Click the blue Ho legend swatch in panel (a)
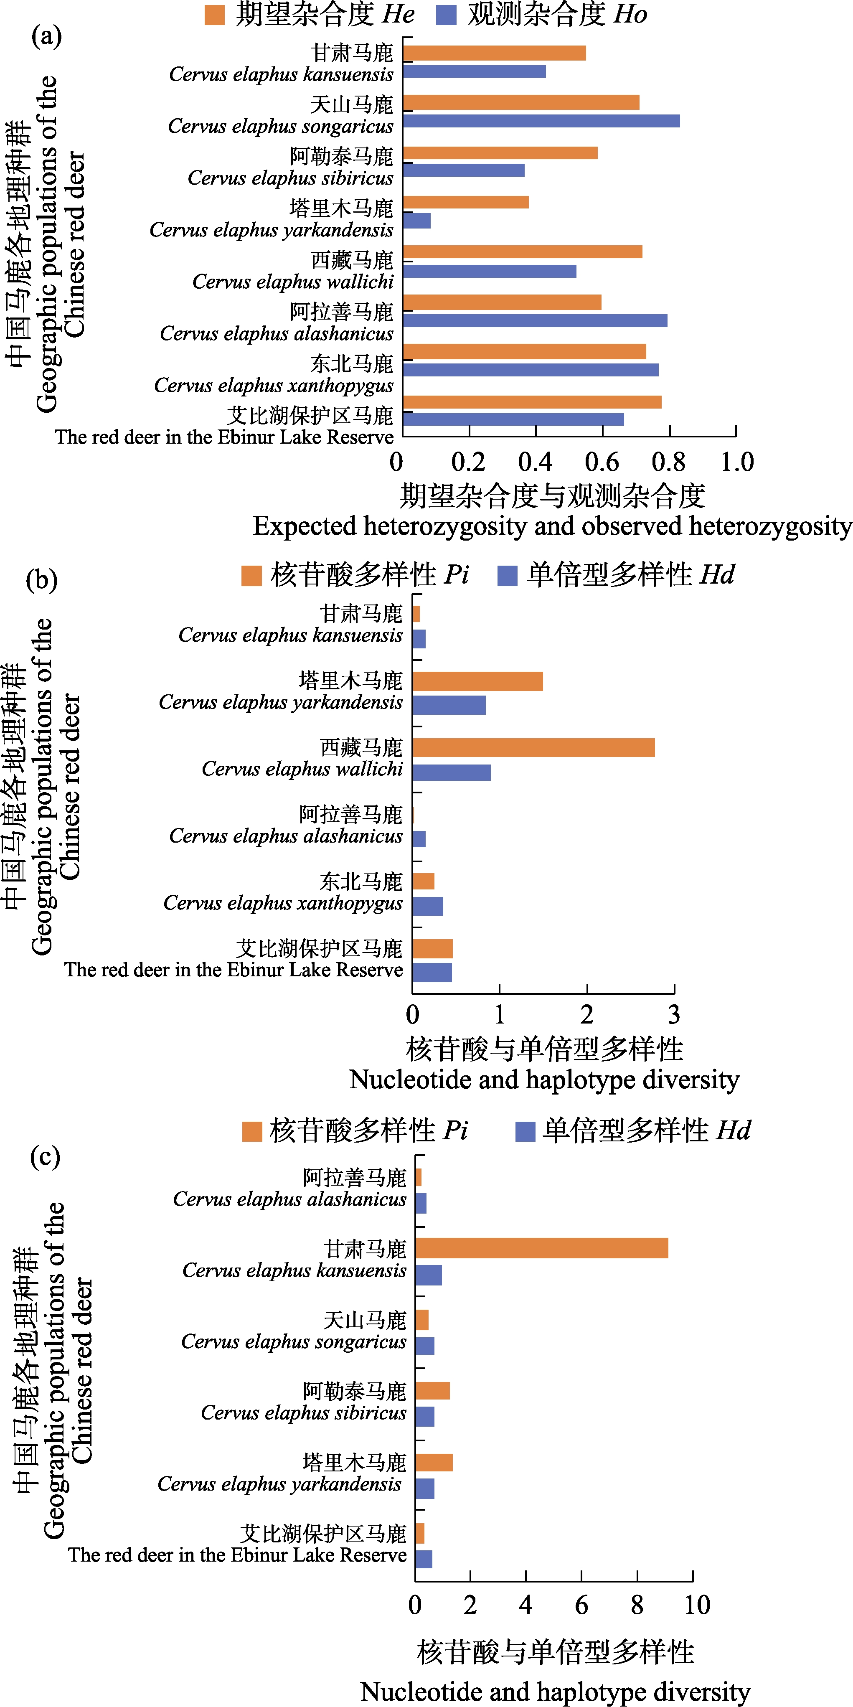coord(446,15)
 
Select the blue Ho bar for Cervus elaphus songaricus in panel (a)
coord(541,121)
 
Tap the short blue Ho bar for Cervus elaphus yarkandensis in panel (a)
coord(417,221)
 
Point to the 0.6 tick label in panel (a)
coord(602,462)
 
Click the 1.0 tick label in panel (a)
coord(737,462)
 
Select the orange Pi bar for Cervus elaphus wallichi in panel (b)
coord(533,747)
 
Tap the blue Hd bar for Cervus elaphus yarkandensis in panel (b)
coord(449,705)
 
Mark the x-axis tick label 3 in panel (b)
coord(673,1014)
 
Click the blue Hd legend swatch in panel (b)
coord(507,575)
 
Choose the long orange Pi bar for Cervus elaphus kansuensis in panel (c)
coord(541,1248)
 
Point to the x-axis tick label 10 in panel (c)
coord(697,1605)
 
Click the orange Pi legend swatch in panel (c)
coord(252,1132)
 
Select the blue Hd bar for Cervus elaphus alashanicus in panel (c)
coord(421,1204)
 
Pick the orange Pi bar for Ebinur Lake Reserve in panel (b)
coord(432,948)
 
